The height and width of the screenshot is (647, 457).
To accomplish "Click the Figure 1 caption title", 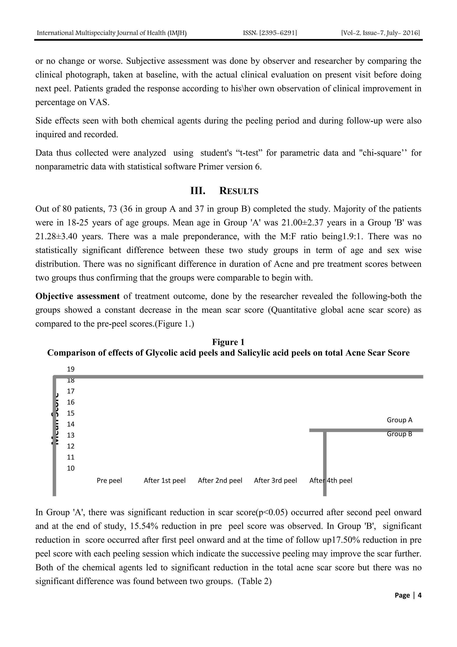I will [228, 342].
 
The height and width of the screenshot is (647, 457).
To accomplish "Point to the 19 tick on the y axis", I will [71, 369].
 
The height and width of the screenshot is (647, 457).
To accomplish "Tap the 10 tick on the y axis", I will [71, 468].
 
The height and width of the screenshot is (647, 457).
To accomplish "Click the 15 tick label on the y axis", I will [71, 413].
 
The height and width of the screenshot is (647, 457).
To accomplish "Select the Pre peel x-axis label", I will [109, 480].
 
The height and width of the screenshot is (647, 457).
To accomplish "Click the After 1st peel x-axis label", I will [165, 480].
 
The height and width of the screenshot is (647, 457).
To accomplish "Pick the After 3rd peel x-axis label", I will [275, 480].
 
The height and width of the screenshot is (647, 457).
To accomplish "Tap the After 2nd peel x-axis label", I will [220, 480].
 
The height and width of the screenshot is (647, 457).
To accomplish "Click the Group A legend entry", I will [399, 420].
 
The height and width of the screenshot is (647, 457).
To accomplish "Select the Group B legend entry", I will [399, 434].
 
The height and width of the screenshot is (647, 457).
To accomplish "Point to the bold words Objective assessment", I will [77, 296].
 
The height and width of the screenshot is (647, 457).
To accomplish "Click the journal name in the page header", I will [112, 33].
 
